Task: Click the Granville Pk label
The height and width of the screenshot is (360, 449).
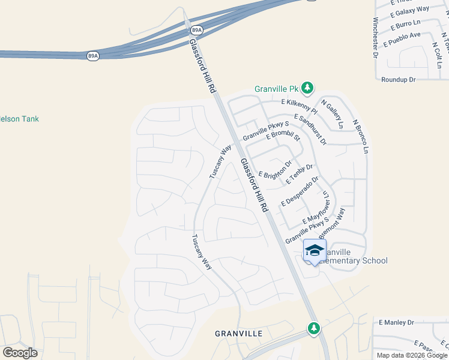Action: coord(276,89)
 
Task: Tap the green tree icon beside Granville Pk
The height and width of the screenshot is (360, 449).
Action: coord(307,89)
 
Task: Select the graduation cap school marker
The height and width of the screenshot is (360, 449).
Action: coord(315,251)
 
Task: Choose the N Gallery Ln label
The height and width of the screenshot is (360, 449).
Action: coord(332,114)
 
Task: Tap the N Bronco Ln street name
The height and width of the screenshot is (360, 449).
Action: coord(360,136)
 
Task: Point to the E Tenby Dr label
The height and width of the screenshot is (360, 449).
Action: coord(300,174)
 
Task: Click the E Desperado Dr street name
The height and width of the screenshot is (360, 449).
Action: coord(300,191)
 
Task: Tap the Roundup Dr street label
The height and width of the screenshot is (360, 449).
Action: coord(398,79)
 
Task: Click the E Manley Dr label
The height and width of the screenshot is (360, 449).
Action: coord(396,322)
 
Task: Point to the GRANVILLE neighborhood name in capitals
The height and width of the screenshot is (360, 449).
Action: coord(239,333)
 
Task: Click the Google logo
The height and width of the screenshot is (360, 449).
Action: coord(20,352)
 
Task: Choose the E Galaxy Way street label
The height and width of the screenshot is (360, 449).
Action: coord(409,10)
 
